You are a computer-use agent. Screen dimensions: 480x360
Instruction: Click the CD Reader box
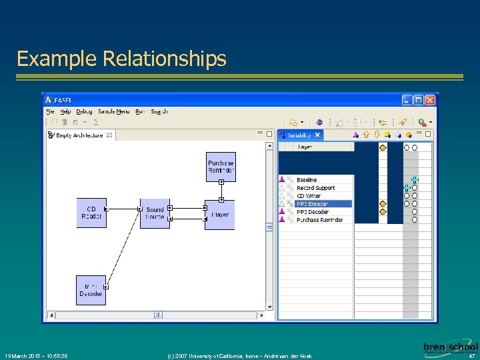pyautogui.click(x=91, y=213)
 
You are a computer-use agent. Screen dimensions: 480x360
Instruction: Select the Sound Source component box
pyautogui.click(x=155, y=213)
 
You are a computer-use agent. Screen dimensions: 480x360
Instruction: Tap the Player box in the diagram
pyautogui.click(x=220, y=215)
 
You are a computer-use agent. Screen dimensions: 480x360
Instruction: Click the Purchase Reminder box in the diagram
pyautogui.click(x=221, y=167)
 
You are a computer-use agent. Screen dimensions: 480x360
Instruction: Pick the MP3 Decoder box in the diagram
pyautogui.click(x=91, y=290)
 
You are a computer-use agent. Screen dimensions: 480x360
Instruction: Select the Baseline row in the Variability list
pyautogui.click(x=307, y=180)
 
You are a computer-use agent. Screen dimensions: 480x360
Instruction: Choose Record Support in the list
pyautogui.click(x=315, y=188)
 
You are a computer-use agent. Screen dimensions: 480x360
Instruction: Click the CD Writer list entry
pyautogui.click(x=309, y=196)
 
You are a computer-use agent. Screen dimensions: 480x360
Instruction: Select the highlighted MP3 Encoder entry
pyautogui.click(x=312, y=204)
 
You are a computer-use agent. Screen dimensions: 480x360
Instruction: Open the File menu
pyautogui.click(x=51, y=111)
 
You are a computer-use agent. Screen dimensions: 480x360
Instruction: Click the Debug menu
pyautogui.click(x=84, y=111)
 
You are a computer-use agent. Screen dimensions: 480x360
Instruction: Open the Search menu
pyautogui.click(x=159, y=111)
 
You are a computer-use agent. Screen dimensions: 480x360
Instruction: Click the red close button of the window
pyautogui.click(x=430, y=100)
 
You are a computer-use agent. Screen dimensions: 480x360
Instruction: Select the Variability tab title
pyautogui.click(x=300, y=135)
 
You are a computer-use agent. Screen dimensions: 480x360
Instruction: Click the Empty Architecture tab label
pyautogui.click(x=79, y=135)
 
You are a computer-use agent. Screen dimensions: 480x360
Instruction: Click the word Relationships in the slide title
pyautogui.click(x=165, y=59)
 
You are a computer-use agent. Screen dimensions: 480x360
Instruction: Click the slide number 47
pyautogui.click(x=472, y=356)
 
